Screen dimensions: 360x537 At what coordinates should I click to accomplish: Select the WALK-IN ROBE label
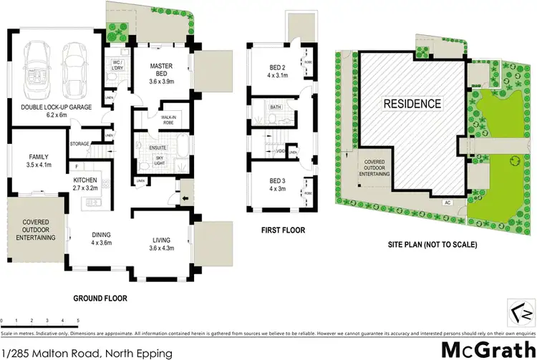point(170,120)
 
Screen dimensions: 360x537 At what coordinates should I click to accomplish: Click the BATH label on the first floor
point(275,107)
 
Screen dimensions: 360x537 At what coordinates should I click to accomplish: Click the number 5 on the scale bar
point(77,320)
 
